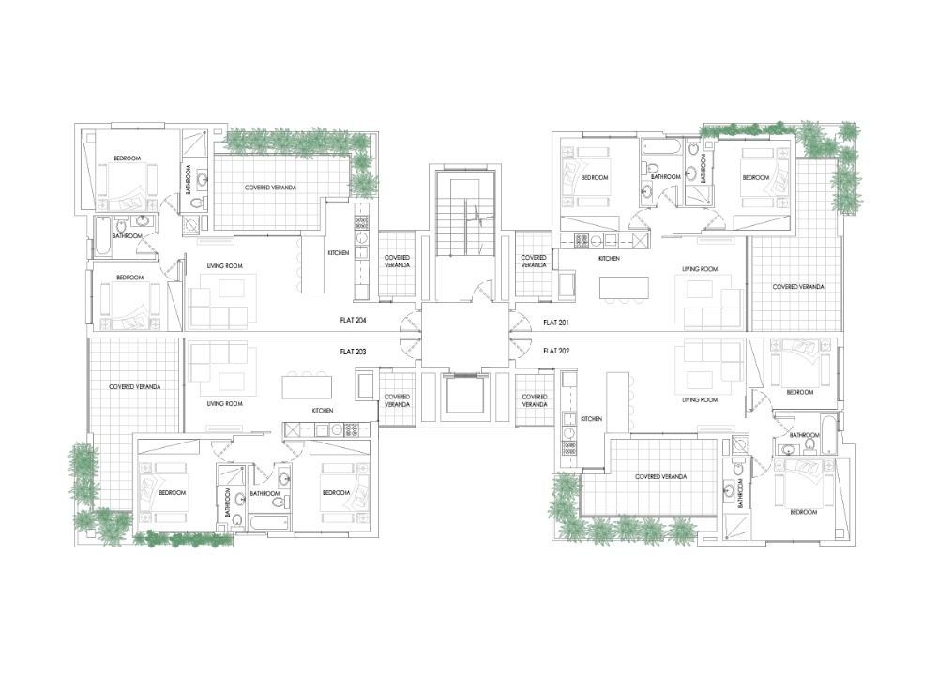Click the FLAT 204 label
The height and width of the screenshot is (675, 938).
(x=353, y=321)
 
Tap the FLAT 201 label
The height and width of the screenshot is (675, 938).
(x=555, y=322)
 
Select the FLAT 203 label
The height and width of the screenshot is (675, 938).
(x=353, y=352)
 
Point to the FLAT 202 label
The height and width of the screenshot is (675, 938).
(x=556, y=351)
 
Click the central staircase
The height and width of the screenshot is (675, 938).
(x=465, y=216)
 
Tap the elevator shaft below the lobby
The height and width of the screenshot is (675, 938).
(x=464, y=394)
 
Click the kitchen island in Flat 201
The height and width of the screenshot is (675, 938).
(x=625, y=287)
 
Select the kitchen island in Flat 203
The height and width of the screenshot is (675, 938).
(x=307, y=386)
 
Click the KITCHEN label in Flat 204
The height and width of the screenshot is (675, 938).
(x=338, y=253)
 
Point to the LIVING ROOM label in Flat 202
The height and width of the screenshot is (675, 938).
(x=700, y=399)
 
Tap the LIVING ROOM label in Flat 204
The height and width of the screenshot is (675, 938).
(x=224, y=266)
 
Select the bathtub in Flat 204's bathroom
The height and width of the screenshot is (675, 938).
(x=103, y=237)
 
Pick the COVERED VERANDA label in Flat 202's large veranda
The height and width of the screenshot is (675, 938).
(x=661, y=476)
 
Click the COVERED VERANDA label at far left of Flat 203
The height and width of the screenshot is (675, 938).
(x=134, y=387)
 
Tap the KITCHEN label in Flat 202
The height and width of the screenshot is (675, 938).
(x=591, y=419)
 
